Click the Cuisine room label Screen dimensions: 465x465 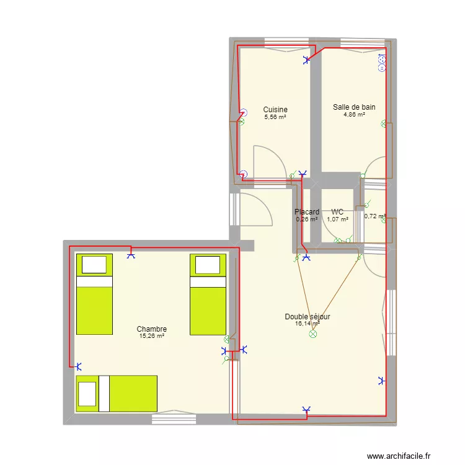275,110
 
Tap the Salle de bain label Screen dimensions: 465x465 353,107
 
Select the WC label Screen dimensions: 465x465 337,212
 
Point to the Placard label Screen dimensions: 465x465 307,212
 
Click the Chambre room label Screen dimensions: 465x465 152,329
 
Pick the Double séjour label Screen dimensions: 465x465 308,316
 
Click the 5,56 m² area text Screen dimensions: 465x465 275,117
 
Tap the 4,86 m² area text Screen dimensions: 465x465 353,114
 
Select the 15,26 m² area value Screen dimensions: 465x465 152,336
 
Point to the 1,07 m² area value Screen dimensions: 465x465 337,219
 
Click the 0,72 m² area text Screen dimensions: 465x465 374,216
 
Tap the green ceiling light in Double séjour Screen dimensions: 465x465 312,334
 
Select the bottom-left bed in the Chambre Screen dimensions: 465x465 117,393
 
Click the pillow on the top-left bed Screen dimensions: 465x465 94,265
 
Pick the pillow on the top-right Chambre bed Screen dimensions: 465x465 207,265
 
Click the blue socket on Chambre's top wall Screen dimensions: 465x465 130,254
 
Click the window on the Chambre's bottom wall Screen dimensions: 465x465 174,419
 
